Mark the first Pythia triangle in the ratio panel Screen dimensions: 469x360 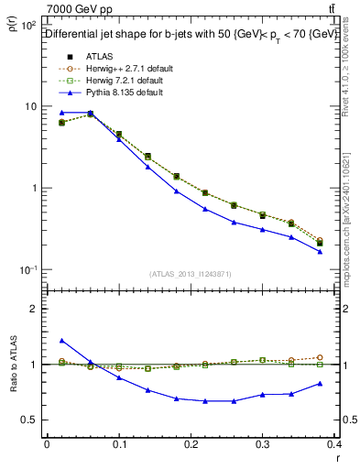pyautogui.click(x=61, y=341)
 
